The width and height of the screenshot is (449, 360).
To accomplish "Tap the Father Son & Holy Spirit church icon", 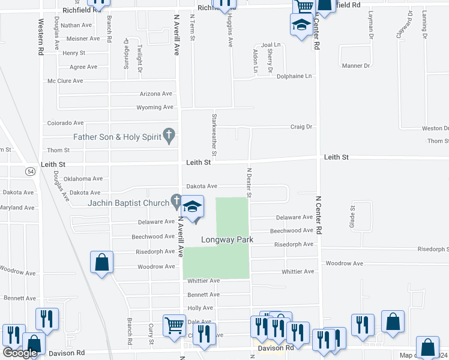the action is pyautogui.click(x=169, y=137).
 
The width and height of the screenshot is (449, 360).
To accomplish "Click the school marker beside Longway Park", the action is pyautogui.click(x=192, y=208).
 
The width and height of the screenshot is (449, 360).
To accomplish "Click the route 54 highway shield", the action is pyautogui.click(x=30, y=172).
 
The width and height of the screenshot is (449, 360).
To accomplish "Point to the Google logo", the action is pyautogui.click(x=19, y=353).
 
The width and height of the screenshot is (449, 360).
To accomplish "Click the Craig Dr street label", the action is pyautogui.click(x=302, y=127).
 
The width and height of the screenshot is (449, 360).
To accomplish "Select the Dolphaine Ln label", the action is pyautogui.click(x=294, y=76).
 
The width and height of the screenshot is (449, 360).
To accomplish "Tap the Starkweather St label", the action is pyautogui.click(x=213, y=133).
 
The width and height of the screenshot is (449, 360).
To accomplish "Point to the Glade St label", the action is pyautogui.click(x=353, y=216).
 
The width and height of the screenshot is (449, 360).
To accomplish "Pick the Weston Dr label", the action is pyautogui.click(x=435, y=128).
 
